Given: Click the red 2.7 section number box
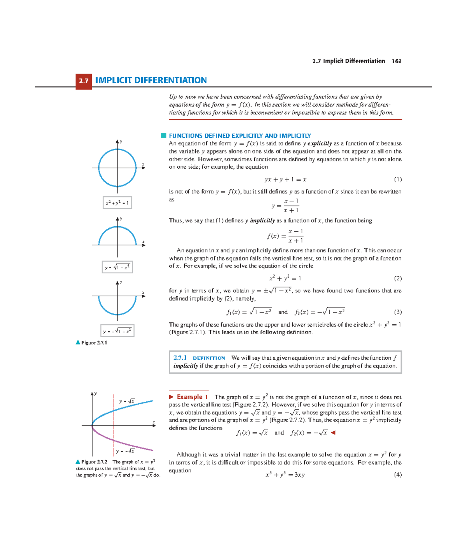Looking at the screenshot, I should coord(84,81).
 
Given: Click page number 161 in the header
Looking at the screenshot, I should coord(396,61).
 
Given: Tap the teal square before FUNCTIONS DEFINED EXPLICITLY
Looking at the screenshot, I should coord(164,135).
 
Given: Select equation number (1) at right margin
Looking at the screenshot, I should coord(397,179).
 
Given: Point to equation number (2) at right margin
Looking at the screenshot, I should coord(397,278).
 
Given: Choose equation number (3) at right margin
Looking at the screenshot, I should coord(397,312).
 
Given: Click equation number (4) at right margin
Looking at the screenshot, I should coord(397,475).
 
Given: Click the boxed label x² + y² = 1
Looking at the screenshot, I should coord(117,203).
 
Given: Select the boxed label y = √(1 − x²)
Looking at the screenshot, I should coord(117,267).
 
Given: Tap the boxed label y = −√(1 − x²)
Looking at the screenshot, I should coord(117,331).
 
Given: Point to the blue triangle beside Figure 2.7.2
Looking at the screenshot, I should coord(78,462).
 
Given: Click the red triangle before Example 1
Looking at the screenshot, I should coord(171,397).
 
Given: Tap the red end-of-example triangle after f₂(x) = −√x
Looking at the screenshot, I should coord(333,433).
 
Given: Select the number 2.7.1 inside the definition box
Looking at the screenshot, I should coord(180,358).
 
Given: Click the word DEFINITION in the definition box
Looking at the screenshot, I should coord(209,358).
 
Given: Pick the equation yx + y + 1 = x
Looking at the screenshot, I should coord(285,179).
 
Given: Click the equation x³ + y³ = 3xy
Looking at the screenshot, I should coord(285,475).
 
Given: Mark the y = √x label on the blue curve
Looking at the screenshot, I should coord(127,401).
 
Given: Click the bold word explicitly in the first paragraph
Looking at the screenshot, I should coord(319,143).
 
